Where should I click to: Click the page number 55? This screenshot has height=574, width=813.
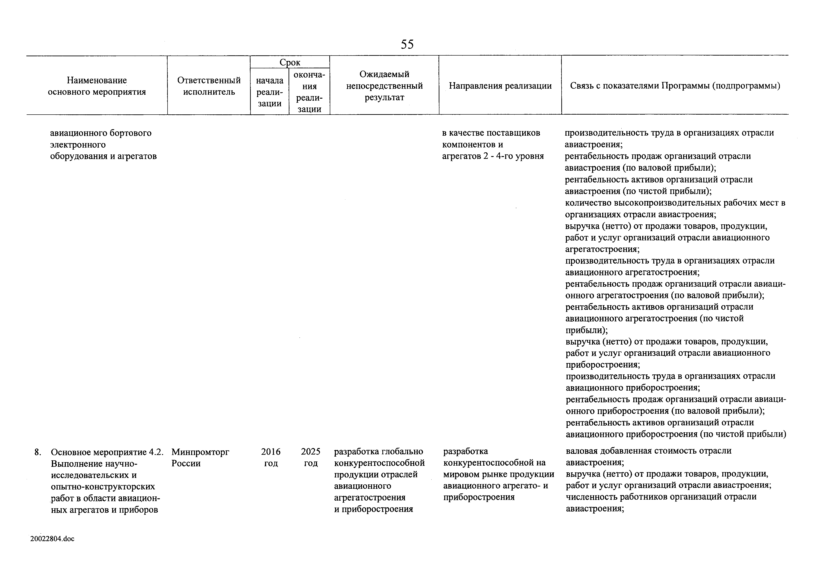pos(407,44)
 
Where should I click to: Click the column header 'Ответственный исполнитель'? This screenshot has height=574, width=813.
pos(209,86)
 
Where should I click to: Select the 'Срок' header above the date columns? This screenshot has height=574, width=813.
pos(290,62)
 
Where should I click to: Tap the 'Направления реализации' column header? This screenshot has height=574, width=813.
pos(500,86)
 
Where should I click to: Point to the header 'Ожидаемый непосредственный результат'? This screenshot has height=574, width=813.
pos(384,86)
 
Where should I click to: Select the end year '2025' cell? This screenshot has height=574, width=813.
pos(311,452)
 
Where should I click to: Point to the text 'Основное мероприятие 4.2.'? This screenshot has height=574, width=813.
pos(107,452)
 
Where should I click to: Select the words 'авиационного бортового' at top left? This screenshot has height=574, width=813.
pos(101,133)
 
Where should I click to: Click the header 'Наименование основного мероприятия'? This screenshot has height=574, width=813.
pos(97,86)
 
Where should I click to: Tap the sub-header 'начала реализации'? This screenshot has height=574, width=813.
pos(270,92)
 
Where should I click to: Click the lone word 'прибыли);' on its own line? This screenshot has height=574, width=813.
pos(586,330)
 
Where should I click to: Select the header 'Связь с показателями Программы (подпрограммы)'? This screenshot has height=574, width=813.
pos(675,86)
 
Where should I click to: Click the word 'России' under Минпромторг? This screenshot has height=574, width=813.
pos(186,463)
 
